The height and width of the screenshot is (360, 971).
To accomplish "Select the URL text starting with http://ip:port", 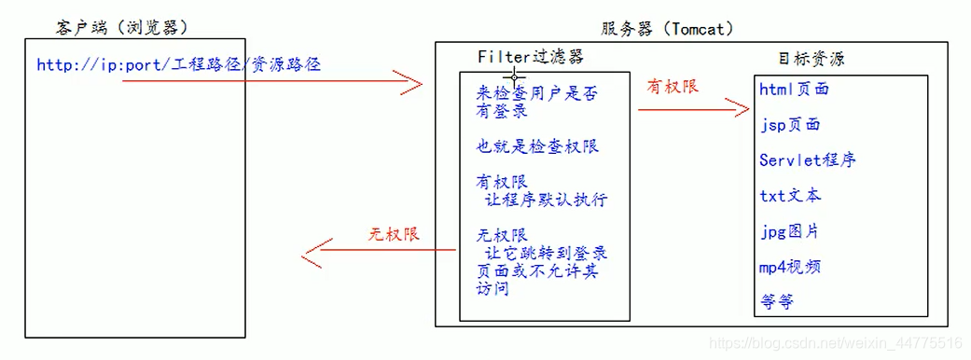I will pos(181,65).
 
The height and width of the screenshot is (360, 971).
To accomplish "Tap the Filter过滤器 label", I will pos(531,56).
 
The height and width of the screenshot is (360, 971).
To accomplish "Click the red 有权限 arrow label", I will pos(673,86).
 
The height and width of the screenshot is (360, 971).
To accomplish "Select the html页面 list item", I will pos(794,90).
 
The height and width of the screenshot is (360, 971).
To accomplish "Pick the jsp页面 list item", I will pos(789,125).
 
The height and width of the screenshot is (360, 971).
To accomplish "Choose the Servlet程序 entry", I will pos(807,160).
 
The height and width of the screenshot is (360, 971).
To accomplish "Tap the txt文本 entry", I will pos(790,196).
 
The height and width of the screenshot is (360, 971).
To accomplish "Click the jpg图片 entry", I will pos(789,231).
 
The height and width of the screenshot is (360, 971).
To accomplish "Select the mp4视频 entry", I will pos(790,267).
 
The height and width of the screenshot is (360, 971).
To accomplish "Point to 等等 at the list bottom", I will pos(776,302).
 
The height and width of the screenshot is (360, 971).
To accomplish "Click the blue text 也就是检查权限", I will pos(537,146).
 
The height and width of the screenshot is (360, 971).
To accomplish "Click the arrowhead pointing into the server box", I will pos(411,82).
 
